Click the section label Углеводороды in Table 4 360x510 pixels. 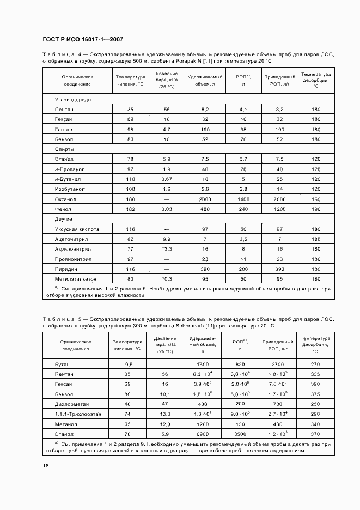coord(73,100)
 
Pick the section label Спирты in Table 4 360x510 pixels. coord(64,149)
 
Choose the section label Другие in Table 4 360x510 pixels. coord(64,218)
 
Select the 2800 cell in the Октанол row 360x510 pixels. coord(205,199)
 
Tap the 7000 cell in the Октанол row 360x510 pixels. coord(279,199)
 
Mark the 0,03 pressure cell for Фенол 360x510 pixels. coord(167,209)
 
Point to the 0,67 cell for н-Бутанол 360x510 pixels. coord(167,179)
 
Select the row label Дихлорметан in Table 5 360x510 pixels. coord(71,404)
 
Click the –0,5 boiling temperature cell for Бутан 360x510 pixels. coord(128,364)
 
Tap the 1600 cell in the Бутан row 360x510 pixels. coord(203,364)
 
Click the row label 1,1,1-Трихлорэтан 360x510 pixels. coord(78,414)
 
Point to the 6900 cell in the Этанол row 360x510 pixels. coord(203,434)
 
